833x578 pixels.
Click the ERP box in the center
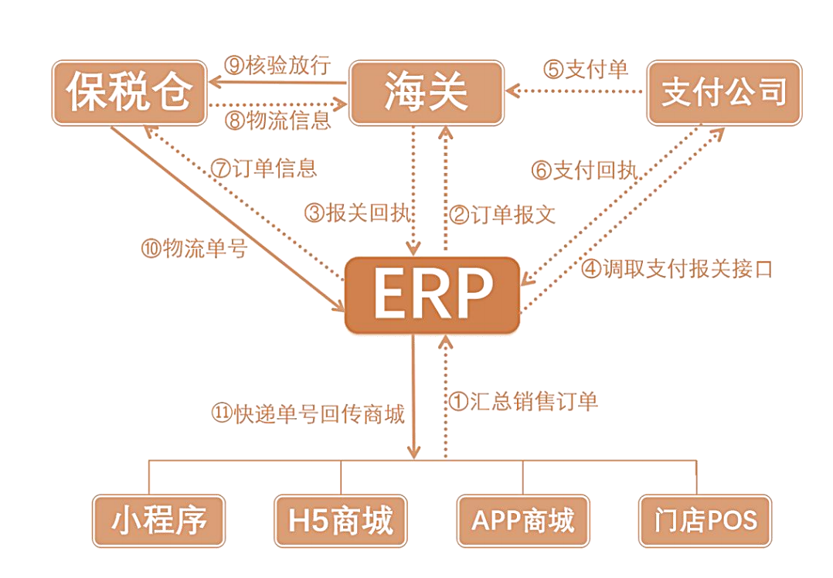pos(432,295)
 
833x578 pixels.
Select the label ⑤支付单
pos(586,69)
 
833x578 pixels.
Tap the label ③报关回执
pos(357,213)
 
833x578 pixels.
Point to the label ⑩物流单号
pos(193,249)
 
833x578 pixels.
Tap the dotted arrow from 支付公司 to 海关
pos(576,92)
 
